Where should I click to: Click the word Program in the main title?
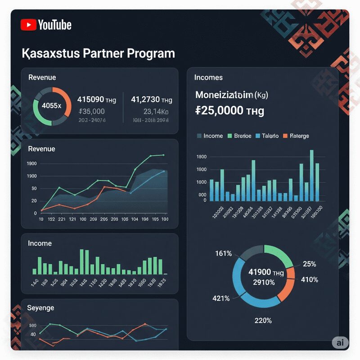[151, 53]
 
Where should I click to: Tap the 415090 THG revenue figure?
[97, 100]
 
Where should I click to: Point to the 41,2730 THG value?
[151, 100]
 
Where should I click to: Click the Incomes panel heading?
[208, 77]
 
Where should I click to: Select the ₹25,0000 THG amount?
[230, 110]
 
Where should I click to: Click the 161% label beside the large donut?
[224, 254]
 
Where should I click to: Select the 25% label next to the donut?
[310, 264]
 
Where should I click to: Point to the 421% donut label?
[221, 298]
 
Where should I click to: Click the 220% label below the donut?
[263, 320]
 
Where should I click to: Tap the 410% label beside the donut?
[310, 279]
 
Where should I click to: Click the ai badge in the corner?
[340, 342]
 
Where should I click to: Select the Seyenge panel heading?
[41, 308]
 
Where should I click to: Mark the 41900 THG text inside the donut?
[266, 273]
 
